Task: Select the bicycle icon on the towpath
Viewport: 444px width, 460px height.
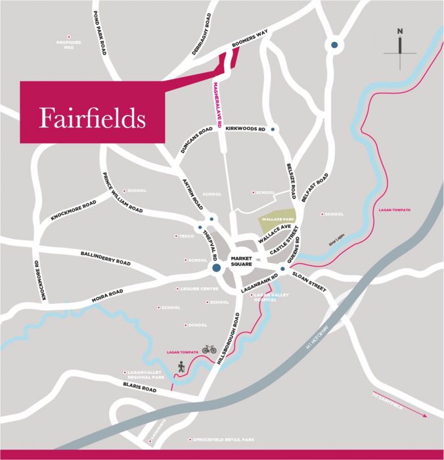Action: [x=209, y=350]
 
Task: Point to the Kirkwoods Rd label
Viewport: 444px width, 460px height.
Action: [x=245, y=129]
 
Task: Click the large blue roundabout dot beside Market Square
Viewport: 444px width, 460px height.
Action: [x=215, y=268]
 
